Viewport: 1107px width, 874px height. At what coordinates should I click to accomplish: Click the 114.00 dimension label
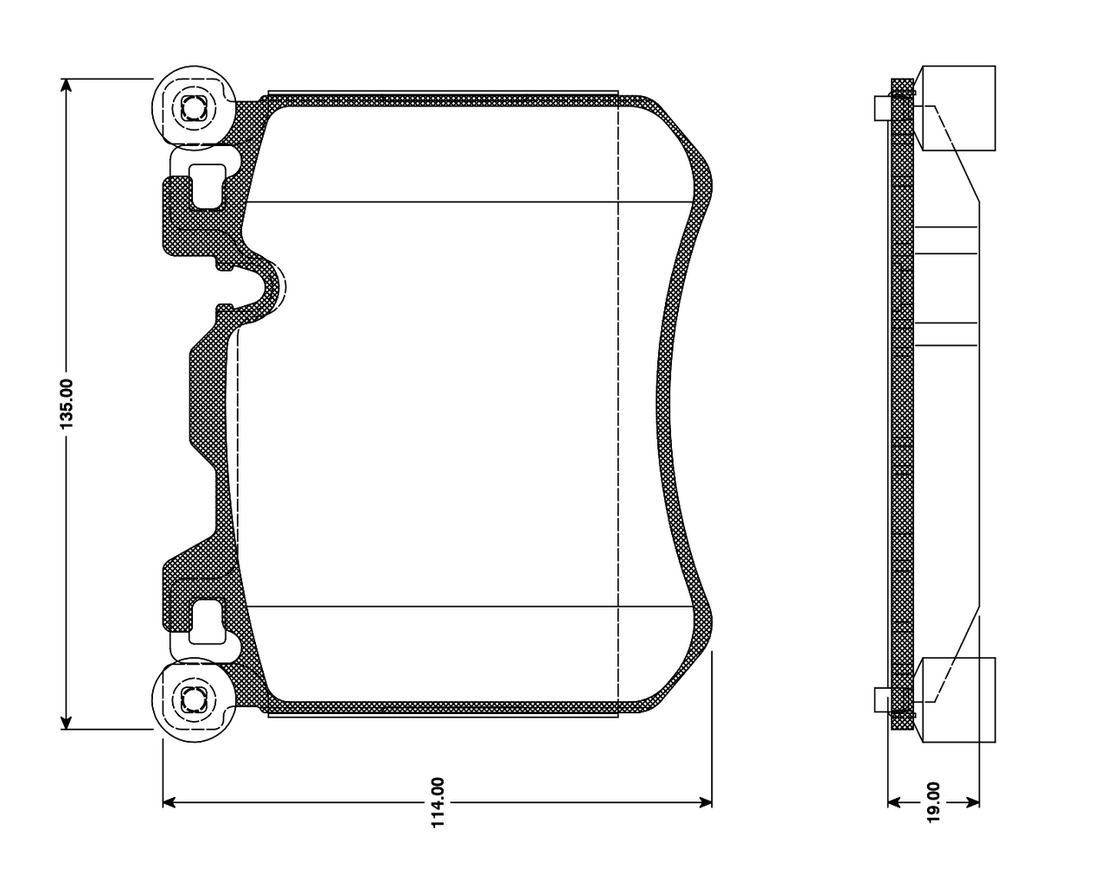click(438, 803)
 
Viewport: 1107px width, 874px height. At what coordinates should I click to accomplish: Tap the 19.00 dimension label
click(933, 803)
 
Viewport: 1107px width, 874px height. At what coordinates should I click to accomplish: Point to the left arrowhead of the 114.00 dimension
click(170, 803)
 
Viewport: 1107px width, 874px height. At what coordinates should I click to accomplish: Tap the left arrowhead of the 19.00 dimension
click(894, 803)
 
